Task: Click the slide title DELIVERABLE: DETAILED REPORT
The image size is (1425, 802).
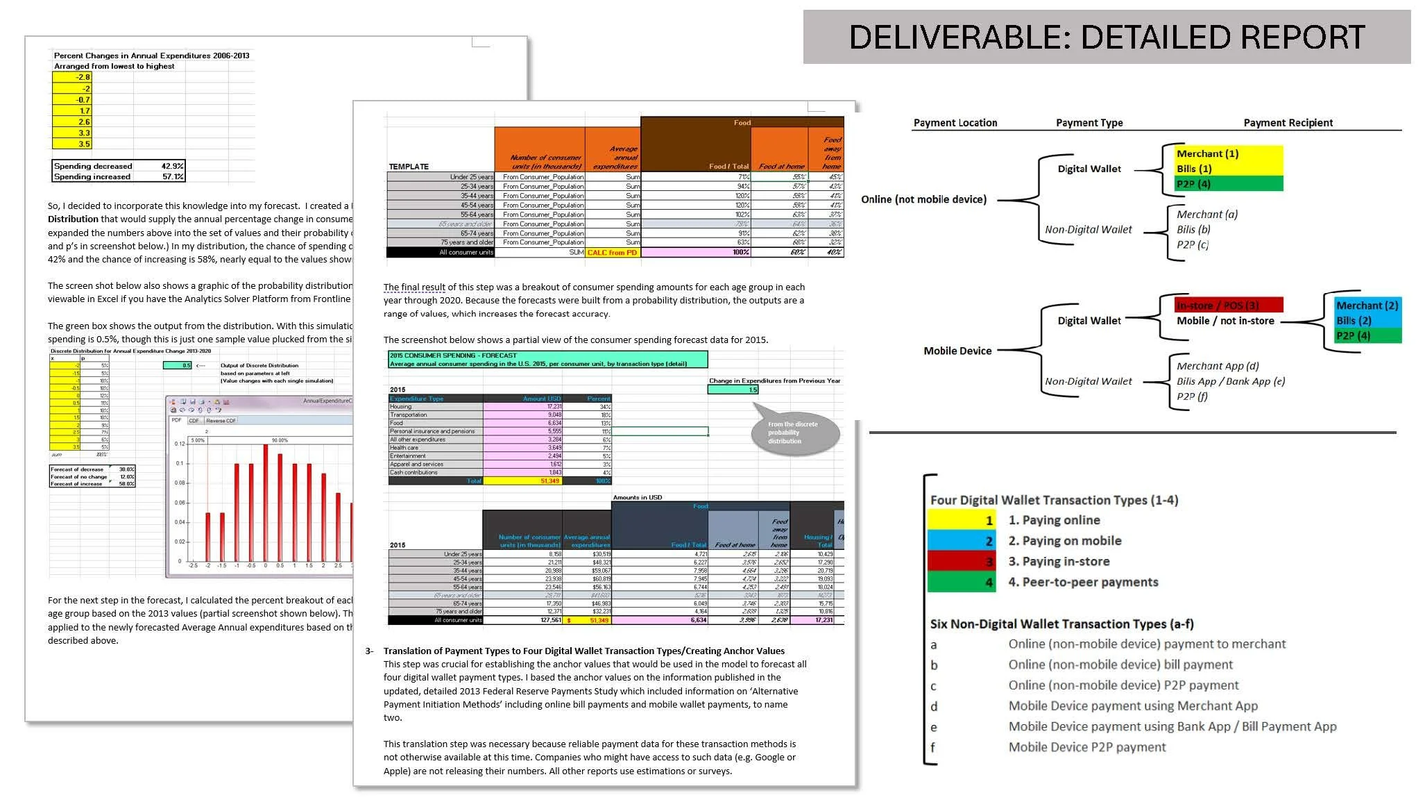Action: point(1107,37)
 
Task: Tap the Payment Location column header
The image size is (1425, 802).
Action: point(955,123)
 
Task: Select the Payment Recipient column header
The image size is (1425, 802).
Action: point(1288,123)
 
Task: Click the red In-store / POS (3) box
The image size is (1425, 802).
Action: point(1228,306)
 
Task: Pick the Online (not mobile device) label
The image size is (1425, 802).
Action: point(923,199)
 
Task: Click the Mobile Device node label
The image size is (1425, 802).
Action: point(957,351)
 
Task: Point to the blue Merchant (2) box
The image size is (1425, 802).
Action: point(1366,306)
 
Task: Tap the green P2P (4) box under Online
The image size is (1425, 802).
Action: point(1228,184)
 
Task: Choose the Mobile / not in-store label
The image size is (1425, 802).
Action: point(1225,321)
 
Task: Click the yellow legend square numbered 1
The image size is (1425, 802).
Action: point(962,520)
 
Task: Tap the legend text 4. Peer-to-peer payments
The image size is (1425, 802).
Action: point(1083,582)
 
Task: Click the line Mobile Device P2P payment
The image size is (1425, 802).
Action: point(1086,747)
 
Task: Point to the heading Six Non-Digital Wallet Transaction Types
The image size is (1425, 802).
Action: point(1061,624)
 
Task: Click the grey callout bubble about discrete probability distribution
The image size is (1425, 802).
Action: point(795,433)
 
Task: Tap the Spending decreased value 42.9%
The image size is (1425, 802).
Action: point(172,166)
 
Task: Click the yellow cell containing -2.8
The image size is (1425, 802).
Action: point(71,77)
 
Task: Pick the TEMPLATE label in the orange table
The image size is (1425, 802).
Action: point(409,167)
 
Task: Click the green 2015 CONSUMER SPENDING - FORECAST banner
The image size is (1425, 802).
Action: point(547,359)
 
